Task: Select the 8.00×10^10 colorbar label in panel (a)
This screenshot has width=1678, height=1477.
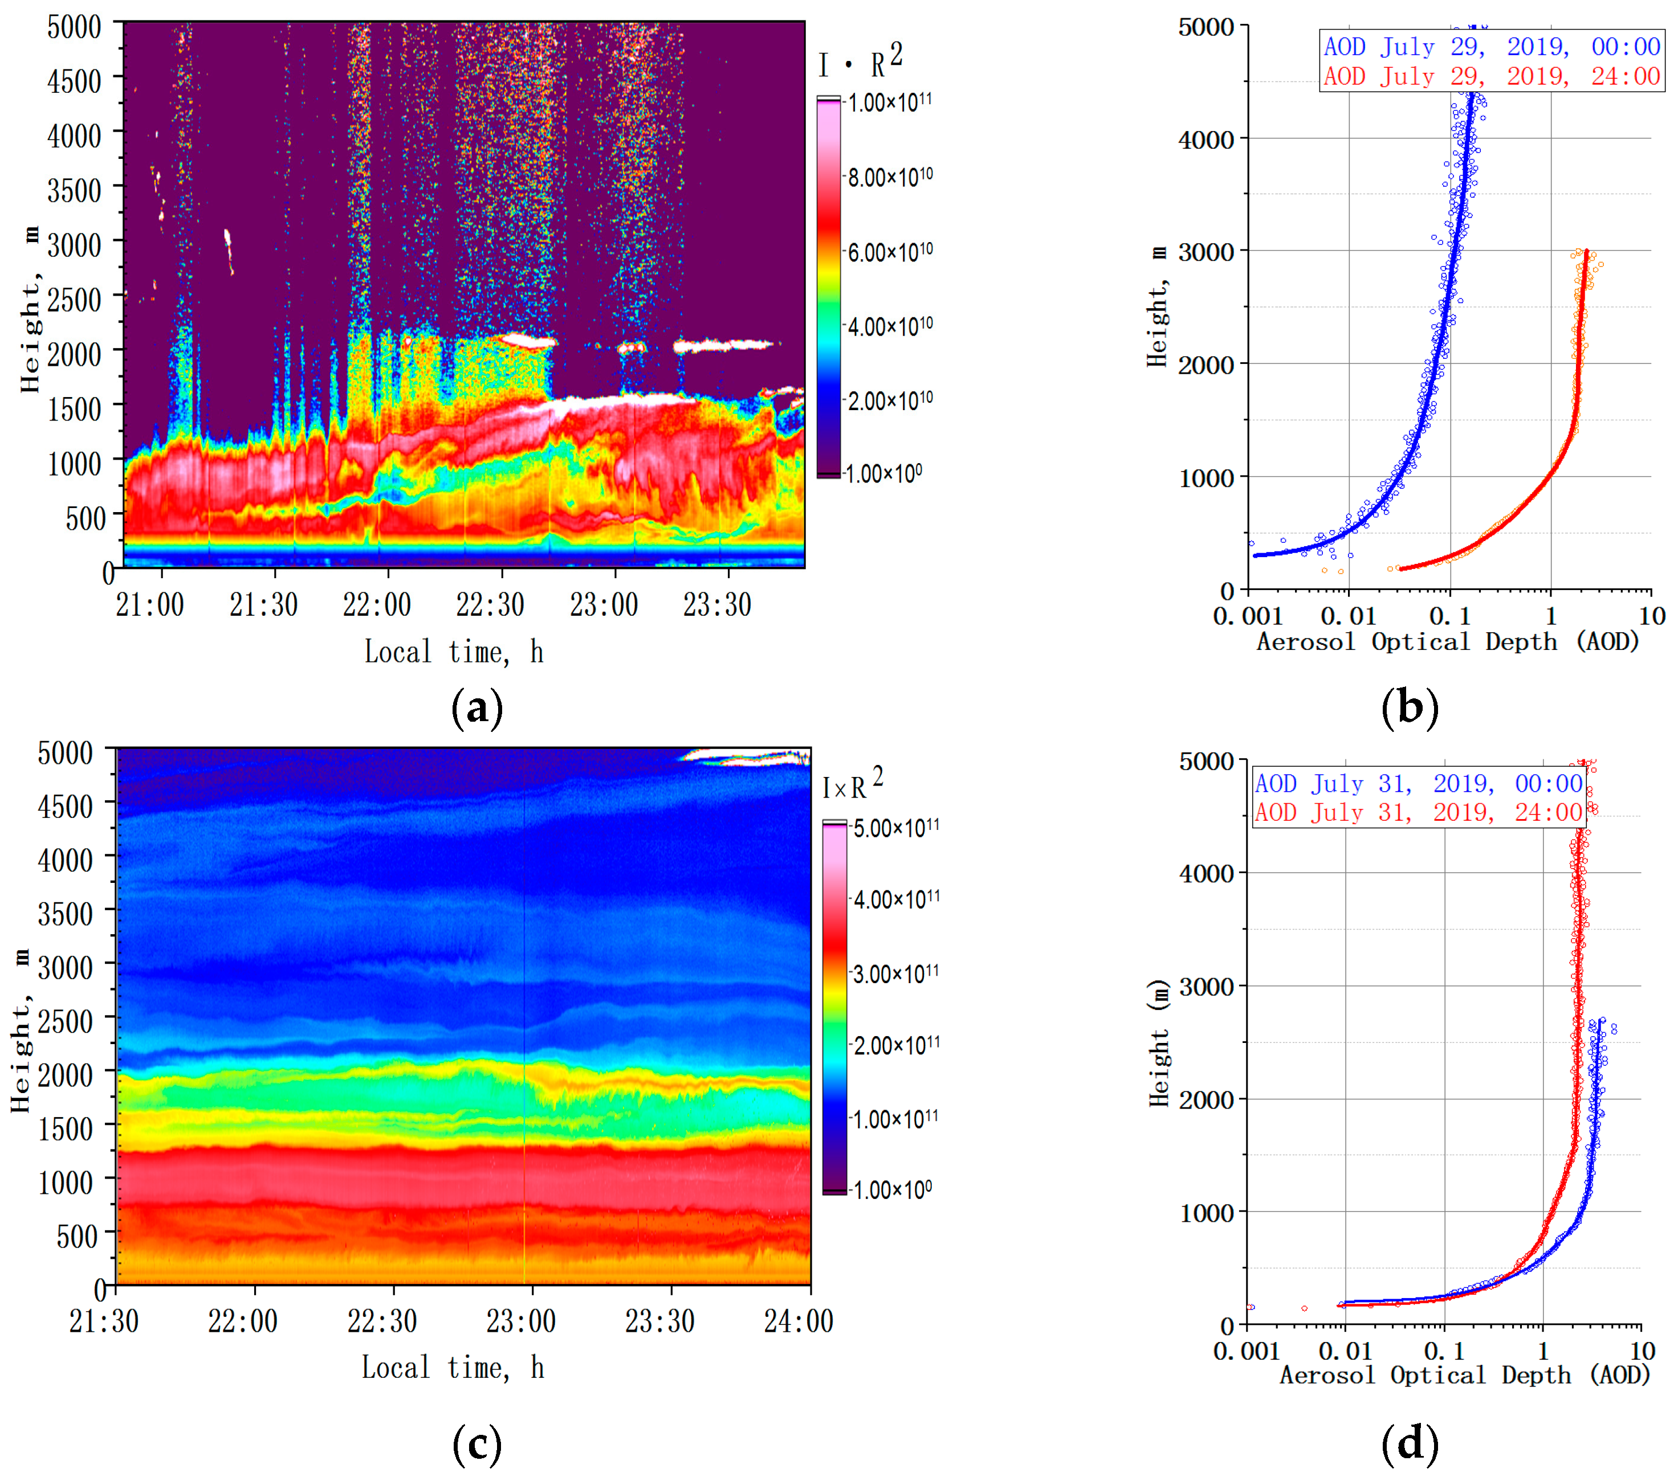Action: (x=890, y=177)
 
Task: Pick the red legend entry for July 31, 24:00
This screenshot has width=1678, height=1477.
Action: (x=1418, y=812)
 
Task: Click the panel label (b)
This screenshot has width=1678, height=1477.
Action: (x=1410, y=707)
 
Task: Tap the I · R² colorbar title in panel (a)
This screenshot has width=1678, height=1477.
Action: (x=860, y=62)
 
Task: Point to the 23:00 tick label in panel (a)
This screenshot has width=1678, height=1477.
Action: (x=604, y=605)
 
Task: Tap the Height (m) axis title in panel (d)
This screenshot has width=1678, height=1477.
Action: (x=1158, y=1043)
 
